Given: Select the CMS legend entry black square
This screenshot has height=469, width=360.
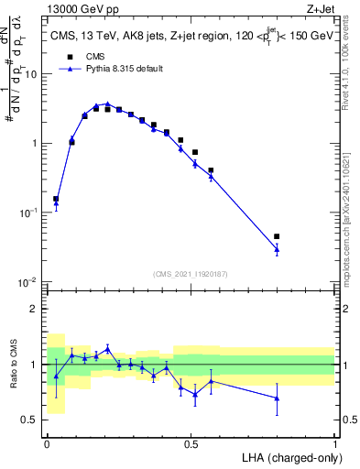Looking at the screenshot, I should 69,55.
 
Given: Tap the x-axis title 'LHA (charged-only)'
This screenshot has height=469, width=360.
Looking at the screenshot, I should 289,456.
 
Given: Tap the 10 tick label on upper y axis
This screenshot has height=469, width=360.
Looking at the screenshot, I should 34,74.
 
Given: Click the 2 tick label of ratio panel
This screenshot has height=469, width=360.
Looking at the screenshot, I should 38,309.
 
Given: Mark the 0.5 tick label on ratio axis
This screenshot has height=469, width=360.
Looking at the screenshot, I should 34,420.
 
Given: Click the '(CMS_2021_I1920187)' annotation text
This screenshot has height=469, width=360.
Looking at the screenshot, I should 191,273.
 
